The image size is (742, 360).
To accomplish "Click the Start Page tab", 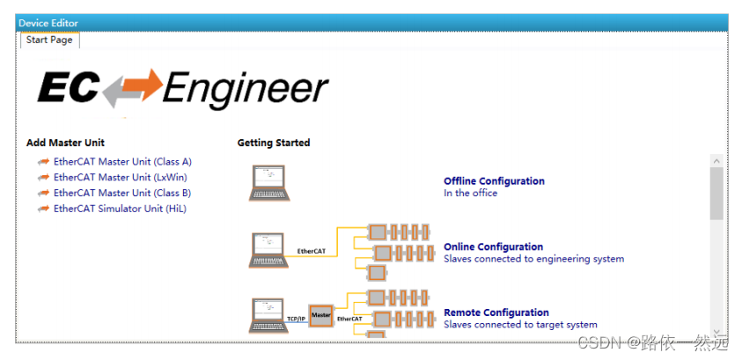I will click(x=49, y=40).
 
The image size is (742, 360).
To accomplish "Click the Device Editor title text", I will click(x=48, y=22).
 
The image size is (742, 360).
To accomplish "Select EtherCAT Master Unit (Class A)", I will click(x=122, y=162).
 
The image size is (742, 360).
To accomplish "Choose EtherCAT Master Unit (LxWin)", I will click(x=120, y=178).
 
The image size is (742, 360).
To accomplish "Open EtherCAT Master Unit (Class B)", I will click(x=122, y=193).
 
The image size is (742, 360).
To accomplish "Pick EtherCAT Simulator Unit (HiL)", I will click(x=120, y=209).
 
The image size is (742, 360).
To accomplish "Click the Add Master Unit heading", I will click(x=66, y=143).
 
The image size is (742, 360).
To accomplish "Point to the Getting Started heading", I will click(x=274, y=143).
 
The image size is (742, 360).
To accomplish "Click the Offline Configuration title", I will click(x=494, y=181).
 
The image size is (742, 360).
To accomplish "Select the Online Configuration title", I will click(x=493, y=247).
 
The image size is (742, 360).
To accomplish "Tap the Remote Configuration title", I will click(x=496, y=312).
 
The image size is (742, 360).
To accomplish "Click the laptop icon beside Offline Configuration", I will click(x=268, y=183).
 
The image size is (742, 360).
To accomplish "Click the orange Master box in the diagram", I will click(x=321, y=315).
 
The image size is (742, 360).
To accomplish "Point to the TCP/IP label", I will click(x=296, y=319).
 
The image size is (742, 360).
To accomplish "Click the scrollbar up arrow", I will click(x=716, y=161).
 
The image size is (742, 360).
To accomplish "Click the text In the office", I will click(x=470, y=194).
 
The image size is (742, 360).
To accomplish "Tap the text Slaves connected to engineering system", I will click(x=533, y=259).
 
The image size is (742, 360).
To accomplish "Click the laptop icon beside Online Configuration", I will click(x=268, y=249).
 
